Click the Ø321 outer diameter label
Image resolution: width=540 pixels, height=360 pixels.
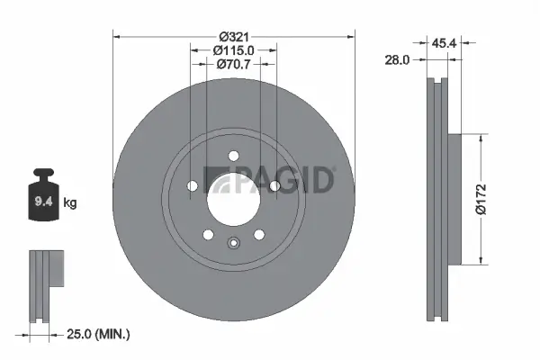[233, 35]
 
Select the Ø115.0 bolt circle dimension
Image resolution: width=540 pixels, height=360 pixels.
[233, 49]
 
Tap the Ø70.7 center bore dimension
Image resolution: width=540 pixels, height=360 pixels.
[233, 64]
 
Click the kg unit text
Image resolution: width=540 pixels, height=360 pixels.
[71, 203]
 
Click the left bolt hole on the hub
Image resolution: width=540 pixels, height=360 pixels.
[192, 186]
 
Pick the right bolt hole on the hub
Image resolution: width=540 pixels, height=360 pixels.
[274, 186]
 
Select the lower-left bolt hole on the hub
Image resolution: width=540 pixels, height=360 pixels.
[208, 234]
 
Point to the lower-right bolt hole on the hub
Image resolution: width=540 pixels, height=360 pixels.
[259, 234]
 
